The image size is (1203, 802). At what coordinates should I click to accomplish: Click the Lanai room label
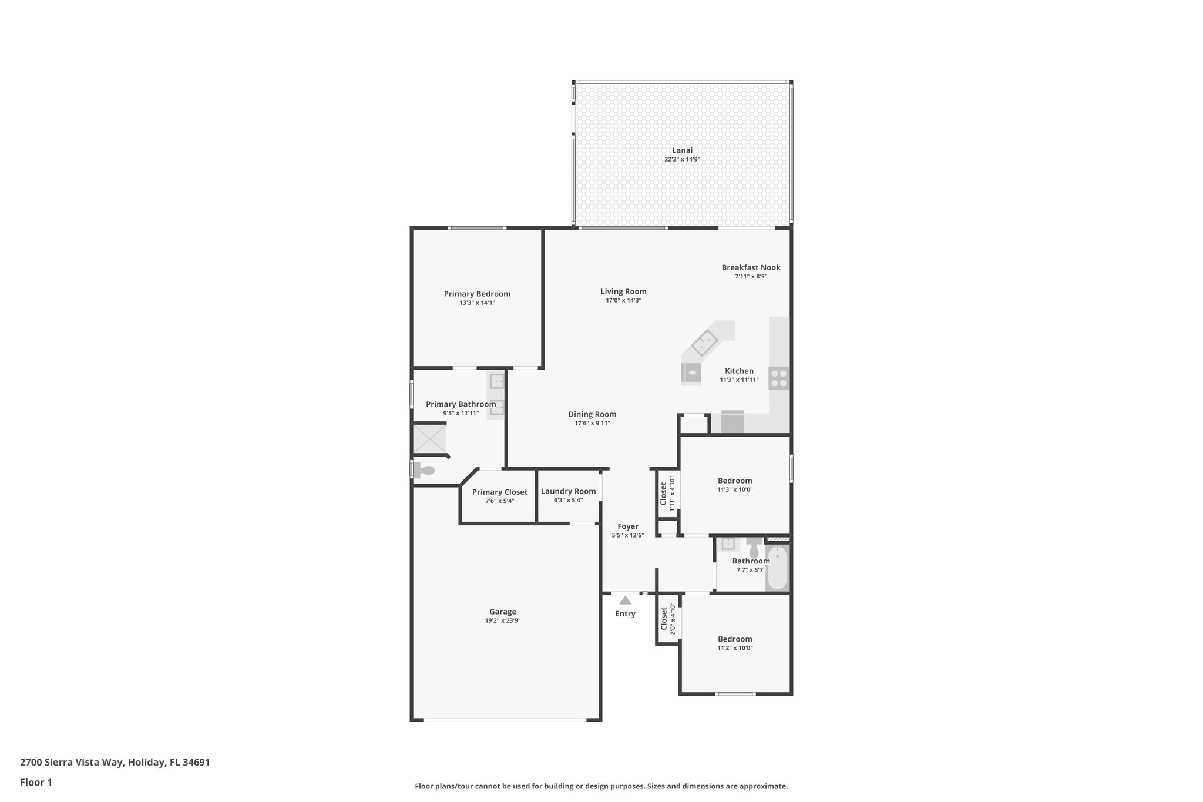pos(682,150)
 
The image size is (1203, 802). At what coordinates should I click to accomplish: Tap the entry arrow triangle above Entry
pos(625,600)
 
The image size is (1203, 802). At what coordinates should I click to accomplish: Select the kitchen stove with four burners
pos(779,378)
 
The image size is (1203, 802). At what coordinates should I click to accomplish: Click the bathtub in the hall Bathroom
pos(777,568)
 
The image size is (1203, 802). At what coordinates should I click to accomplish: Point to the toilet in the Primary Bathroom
pos(424,470)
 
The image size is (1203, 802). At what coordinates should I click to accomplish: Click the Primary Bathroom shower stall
pos(429,438)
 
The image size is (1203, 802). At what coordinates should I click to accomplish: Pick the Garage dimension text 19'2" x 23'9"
pos(503,620)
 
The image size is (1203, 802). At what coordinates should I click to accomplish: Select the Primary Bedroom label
pos(477,294)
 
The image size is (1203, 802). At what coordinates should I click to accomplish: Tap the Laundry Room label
pos(568,491)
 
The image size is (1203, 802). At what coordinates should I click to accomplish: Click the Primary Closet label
pos(500,492)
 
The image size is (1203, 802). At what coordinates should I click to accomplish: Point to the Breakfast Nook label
pos(751,267)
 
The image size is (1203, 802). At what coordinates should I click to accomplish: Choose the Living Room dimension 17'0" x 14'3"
pos(623,300)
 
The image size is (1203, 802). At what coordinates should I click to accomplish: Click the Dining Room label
pos(592,414)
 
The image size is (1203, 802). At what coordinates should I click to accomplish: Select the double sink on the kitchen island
pos(705,343)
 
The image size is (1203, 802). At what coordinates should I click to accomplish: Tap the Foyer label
pos(628,526)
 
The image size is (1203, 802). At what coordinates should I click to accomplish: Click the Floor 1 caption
pos(36,782)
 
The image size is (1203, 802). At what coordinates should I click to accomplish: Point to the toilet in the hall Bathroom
pos(754,548)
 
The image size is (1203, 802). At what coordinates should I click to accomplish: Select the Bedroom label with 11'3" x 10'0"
pos(734,481)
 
